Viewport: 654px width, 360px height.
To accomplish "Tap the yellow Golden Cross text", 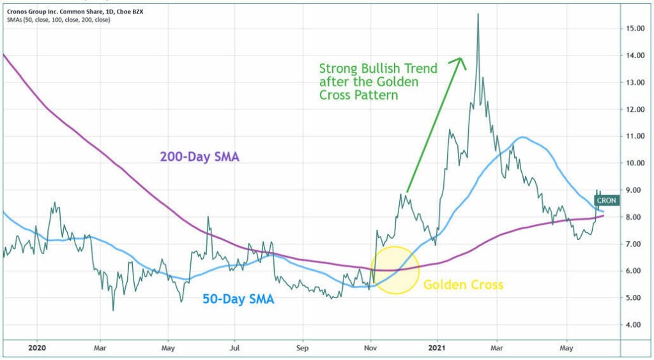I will coord(463,285).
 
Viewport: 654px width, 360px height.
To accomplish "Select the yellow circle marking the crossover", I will coord(395,270).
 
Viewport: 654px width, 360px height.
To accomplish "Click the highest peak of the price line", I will coord(478,14).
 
